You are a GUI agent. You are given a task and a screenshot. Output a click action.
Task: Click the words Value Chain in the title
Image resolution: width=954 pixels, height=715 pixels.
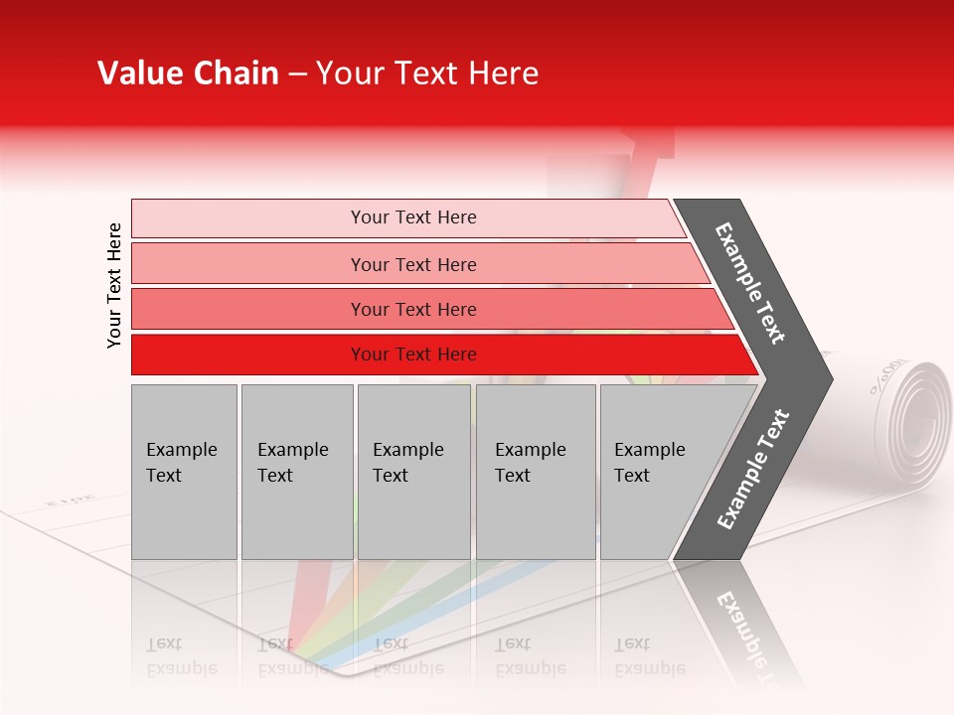[188, 73]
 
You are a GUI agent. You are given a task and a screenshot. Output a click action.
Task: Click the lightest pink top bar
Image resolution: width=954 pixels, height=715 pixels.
[248, 217]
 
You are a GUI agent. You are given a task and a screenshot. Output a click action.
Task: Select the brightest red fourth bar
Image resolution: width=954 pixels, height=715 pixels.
[248, 355]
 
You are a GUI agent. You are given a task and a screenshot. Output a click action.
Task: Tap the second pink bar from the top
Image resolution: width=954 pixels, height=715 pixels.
[248, 264]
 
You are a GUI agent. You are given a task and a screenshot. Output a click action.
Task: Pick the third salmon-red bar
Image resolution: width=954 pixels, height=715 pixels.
[248, 309]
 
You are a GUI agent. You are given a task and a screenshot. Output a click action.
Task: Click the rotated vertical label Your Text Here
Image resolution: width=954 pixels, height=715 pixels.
[114, 285]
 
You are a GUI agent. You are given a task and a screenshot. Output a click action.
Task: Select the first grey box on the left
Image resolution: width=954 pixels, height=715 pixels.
[184, 472]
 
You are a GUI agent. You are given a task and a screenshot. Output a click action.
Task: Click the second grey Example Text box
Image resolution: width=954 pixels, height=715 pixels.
[297, 472]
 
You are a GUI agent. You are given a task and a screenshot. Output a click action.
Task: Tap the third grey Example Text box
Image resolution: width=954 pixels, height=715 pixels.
[413, 472]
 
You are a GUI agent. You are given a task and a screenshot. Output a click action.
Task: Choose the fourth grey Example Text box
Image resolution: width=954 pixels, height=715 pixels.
[536, 472]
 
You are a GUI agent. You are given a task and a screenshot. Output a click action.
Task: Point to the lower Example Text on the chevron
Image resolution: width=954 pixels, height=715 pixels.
[752, 469]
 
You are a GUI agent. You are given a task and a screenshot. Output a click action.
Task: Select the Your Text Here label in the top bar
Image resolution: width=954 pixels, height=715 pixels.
[413, 217]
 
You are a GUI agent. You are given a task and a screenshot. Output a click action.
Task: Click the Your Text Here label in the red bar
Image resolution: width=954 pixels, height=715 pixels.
[413, 355]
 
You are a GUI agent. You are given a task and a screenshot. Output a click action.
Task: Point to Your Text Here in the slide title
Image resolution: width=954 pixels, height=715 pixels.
[427, 73]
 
